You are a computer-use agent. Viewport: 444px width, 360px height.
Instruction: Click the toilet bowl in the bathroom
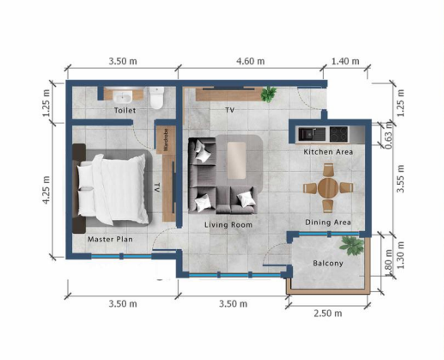(157, 98)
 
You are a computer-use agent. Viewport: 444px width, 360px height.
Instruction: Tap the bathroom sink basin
(123, 97)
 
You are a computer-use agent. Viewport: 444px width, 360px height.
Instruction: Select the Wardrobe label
(166, 140)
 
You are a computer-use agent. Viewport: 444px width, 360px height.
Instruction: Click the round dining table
(328, 188)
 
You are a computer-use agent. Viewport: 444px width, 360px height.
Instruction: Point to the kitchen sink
(312, 134)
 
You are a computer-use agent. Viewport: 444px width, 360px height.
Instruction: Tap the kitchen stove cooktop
(338, 134)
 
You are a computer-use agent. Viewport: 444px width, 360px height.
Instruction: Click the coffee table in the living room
(236, 161)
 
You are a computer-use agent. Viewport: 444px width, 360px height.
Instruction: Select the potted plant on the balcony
(352, 246)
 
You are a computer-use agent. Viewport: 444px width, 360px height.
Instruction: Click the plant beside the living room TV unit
(268, 94)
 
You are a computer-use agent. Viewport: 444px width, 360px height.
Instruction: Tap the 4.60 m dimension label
(251, 61)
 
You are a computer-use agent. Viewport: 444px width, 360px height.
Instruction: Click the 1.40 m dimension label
(345, 61)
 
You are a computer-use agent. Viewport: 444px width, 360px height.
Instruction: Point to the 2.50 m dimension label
(328, 314)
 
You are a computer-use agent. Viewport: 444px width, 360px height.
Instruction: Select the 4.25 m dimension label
(46, 190)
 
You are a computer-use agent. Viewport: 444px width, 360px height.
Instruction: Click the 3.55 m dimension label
(400, 179)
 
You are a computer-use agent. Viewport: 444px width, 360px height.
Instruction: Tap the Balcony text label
(328, 263)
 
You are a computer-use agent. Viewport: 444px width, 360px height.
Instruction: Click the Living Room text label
(228, 225)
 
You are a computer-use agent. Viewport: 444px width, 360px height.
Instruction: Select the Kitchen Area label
(328, 152)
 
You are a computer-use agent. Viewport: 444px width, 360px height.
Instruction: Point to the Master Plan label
(110, 239)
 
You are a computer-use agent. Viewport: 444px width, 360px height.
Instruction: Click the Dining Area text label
(328, 223)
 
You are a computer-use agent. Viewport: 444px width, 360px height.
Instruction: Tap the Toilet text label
(125, 110)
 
